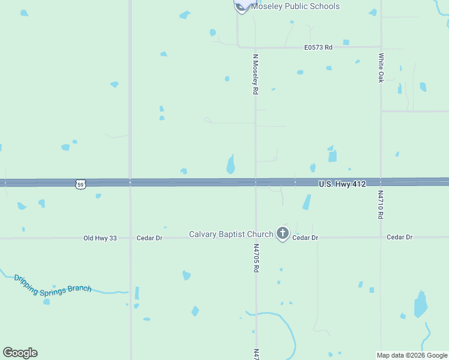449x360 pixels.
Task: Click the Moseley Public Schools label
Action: [x=295, y=7]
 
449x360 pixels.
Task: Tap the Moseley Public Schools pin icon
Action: [x=242, y=5]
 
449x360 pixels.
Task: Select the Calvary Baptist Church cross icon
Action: [x=283, y=234]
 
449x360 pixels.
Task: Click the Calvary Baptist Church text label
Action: [x=231, y=234]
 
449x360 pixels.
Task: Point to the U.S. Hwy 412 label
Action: [x=342, y=183]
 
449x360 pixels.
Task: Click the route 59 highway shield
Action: [x=81, y=185]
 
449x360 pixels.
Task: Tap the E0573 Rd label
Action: [x=318, y=47]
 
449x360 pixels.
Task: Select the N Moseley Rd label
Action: [x=255, y=74]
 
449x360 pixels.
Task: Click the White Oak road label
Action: [x=381, y=68]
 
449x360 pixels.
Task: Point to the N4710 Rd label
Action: [x=381, y=205]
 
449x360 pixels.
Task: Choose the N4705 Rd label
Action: [x=256, y=258]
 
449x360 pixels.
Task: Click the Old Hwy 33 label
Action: [x=100, y=238]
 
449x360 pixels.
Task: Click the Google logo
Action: [x=20, y=353]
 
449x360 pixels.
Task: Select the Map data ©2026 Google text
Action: [x=412, y=355]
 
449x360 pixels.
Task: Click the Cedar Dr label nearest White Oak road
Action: [x=400, y=238]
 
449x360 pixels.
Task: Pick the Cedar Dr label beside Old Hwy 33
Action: [x=149, y=238]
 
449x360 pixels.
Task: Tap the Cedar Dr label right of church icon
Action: [x=305, y=238]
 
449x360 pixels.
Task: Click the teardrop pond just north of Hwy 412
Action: [x=231, y=164]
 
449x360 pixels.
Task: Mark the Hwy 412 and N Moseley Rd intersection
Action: [x=256, y=182]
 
